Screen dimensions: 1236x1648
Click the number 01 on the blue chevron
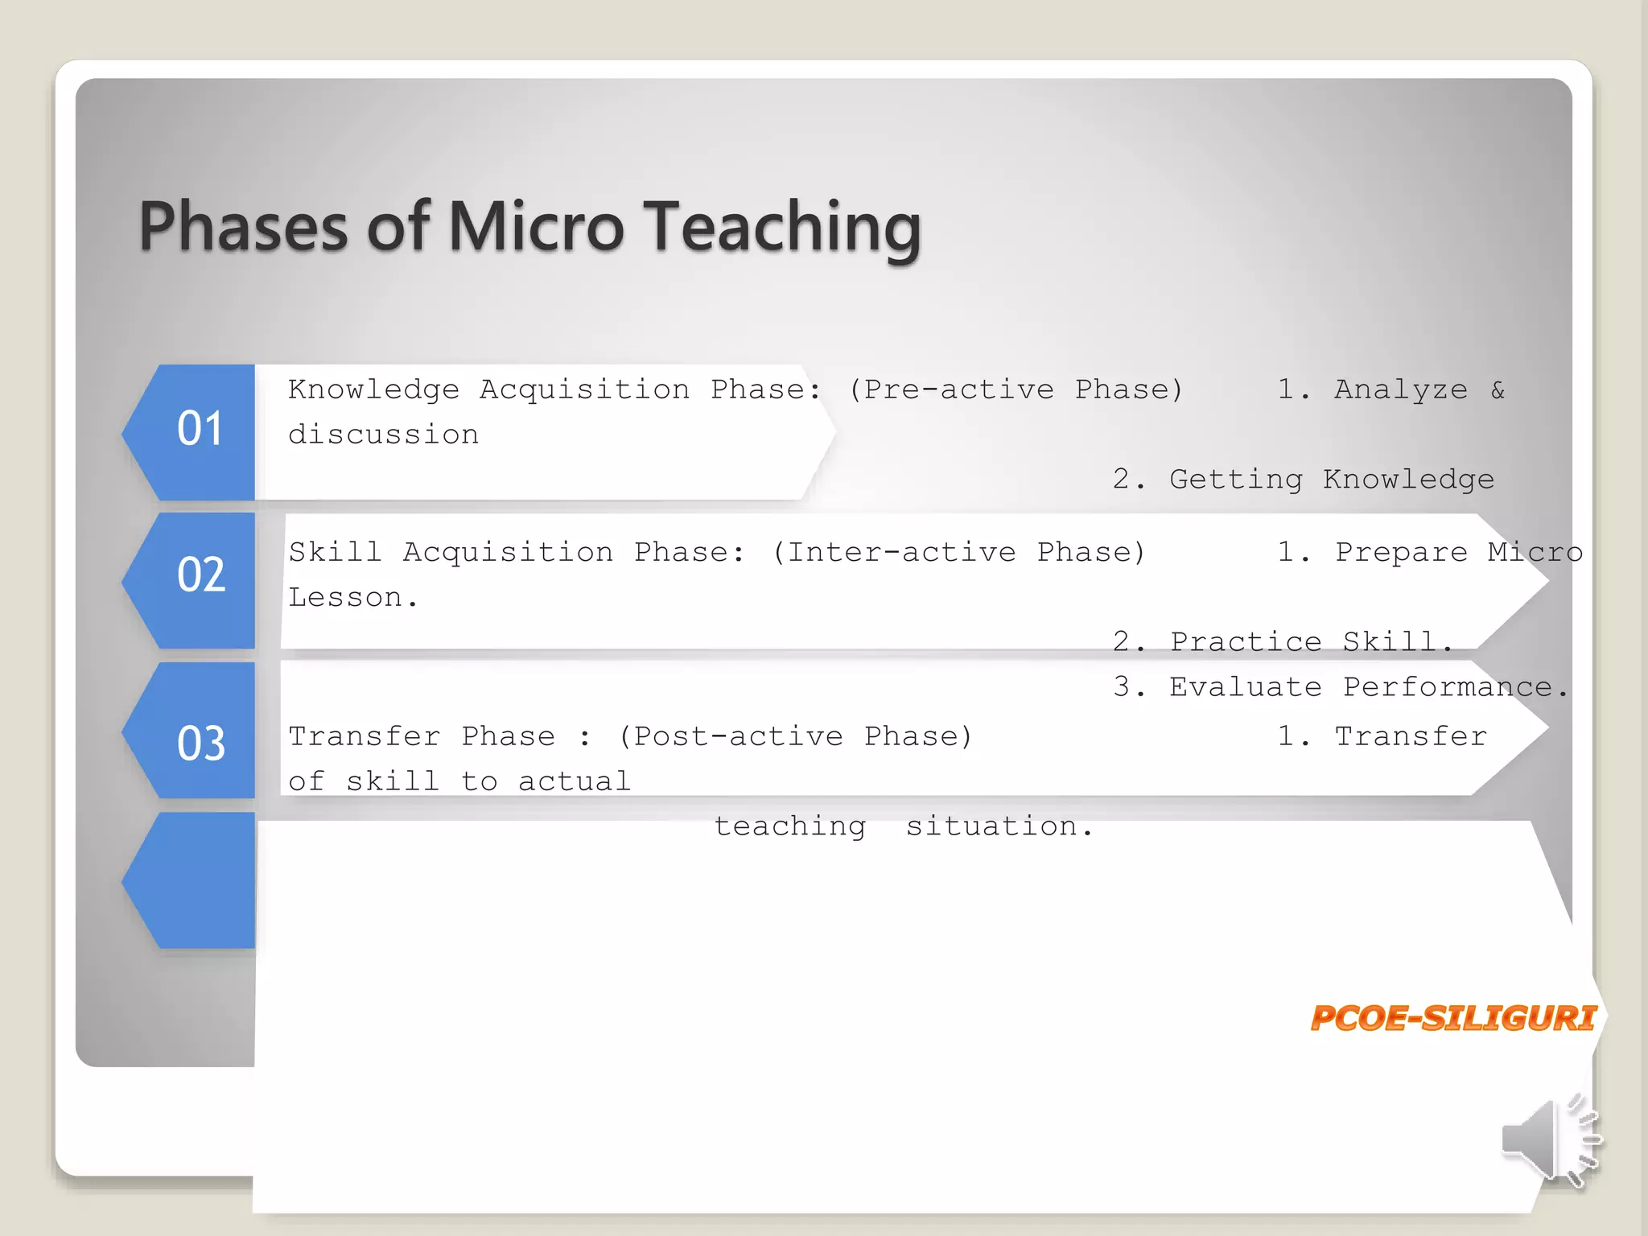200,428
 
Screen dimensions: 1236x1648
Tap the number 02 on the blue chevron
201,575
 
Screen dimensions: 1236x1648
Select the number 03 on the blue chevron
201,743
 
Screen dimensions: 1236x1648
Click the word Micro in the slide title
535,227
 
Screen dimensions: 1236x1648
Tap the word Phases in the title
244,227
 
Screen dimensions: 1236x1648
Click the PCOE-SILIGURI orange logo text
1452,1018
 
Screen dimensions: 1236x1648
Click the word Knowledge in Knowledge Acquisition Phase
373,389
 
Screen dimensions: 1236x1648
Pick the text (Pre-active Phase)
1016,389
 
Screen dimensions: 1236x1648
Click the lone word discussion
383,435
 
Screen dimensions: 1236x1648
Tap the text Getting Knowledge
1331,480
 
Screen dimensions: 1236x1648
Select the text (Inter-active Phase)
958,552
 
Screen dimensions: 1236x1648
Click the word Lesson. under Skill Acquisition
353,597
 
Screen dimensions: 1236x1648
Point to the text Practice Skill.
1311,641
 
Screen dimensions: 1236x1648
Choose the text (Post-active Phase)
795,736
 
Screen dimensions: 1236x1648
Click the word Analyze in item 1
1400,389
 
